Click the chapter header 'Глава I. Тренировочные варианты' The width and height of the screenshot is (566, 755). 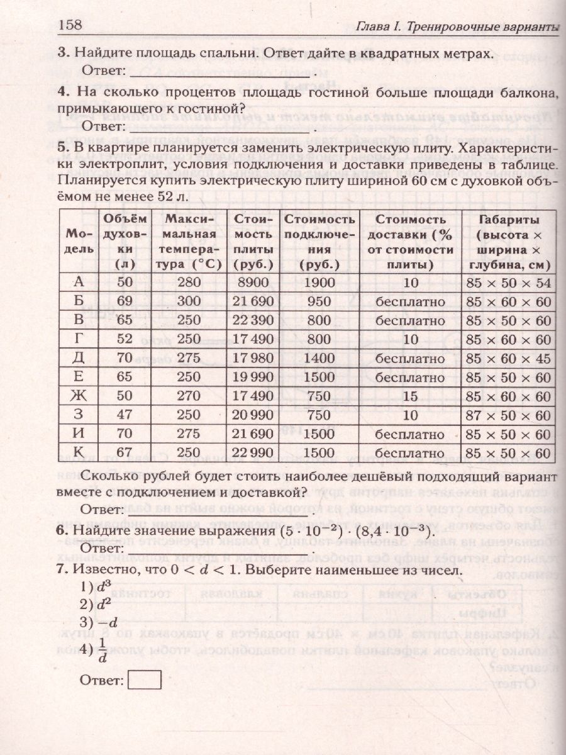click(457, 28)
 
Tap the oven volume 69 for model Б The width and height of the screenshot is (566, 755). click(125, 302)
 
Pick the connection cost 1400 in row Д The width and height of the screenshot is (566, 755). click(319, 359)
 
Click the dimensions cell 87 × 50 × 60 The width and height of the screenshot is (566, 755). click(509, 415)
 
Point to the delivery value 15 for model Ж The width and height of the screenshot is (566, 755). click(411, 396)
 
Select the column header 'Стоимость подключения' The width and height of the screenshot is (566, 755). click(319, 242)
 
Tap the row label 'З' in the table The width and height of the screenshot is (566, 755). click(79, 415)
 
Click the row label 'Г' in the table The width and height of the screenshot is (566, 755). click(79, 340)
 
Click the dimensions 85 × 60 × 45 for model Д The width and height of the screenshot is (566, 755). click(509, 359)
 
